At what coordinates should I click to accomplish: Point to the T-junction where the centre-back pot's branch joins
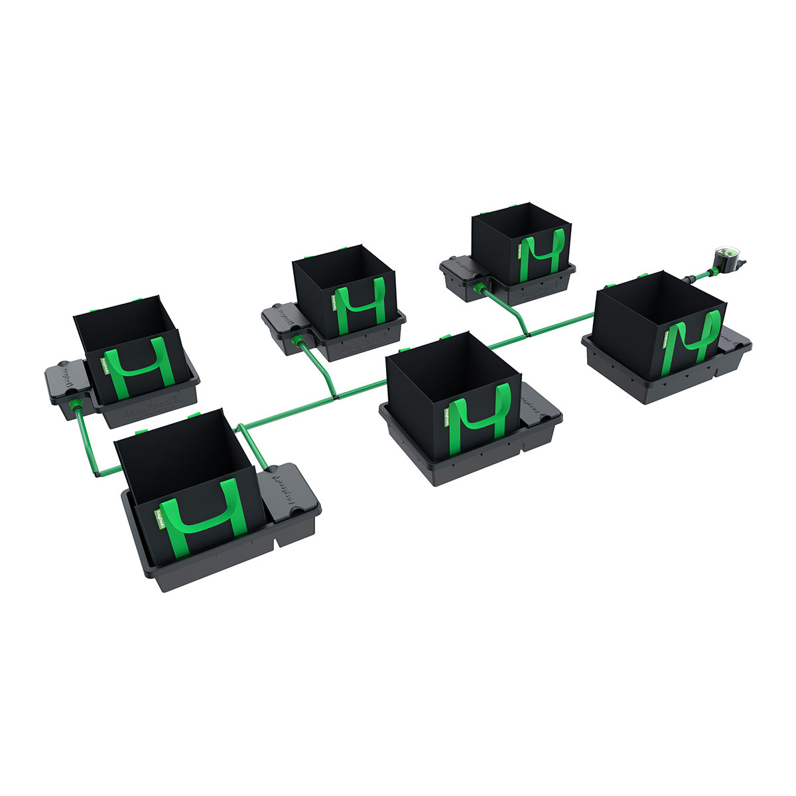pos(336,396)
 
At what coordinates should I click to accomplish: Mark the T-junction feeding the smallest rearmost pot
pos(526,334)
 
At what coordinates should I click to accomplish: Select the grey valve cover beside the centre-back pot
pos(283,320)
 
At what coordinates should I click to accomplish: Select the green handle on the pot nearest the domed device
pos(696,338)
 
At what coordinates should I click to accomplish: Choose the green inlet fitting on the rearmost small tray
pos(479,288)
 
